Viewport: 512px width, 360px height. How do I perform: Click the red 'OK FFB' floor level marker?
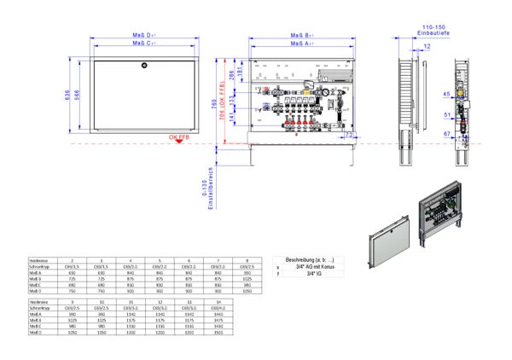(177, 136)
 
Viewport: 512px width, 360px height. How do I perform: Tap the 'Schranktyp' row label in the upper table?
(40, 267)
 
